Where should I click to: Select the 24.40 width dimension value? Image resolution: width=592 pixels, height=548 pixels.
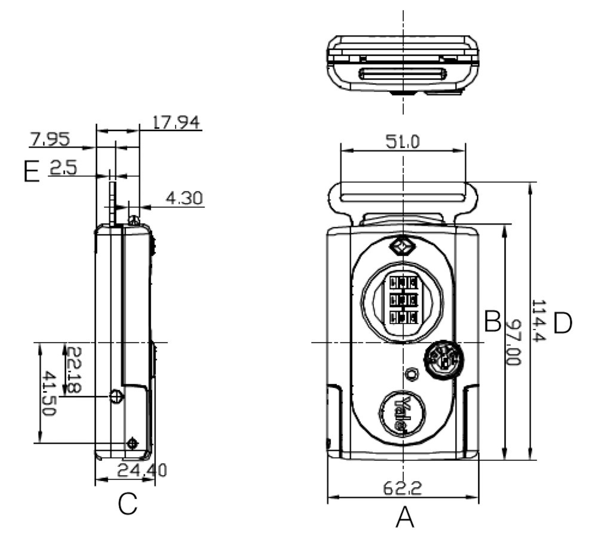pyautogui.click(x=142, y=470)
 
